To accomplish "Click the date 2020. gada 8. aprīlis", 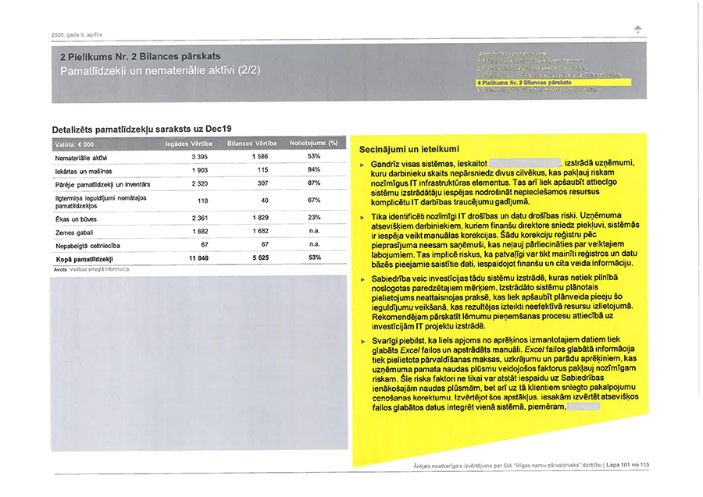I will point(77,34).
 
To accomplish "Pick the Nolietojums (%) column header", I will point(313,144).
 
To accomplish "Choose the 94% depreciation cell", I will point(314,170).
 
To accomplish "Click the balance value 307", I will point(262,183).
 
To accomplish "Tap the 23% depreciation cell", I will point(314,218).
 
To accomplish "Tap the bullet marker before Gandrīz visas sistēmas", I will point(362,164).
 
